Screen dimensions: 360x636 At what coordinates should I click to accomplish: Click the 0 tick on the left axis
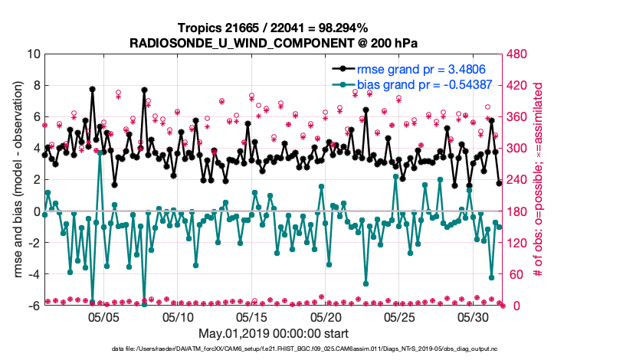click(x=35, y=211)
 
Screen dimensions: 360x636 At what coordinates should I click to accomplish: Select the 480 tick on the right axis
click(x=518, y=54)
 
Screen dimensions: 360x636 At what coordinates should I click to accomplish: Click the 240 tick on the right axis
click(x=518, y=180)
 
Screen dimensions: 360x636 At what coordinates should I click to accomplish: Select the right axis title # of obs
click(x=539, y=180)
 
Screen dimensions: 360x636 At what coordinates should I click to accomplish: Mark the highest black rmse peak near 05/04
click(x=92, y=89)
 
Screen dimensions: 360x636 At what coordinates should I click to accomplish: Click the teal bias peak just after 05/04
click(x=100, y=152)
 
